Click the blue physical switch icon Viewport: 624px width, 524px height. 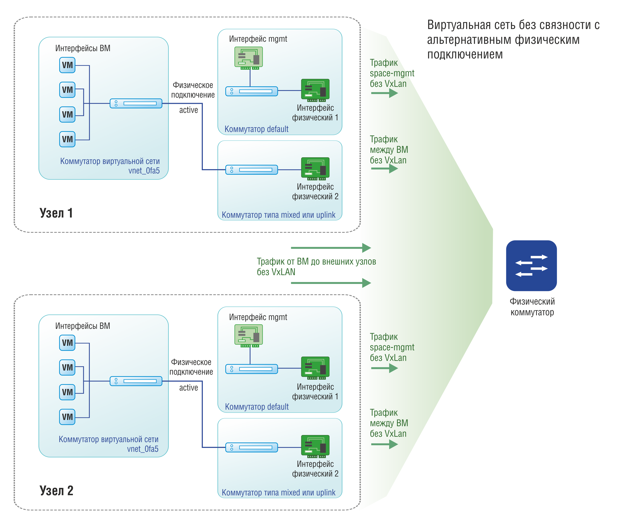point(531,265)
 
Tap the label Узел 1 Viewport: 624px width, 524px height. point(56,213)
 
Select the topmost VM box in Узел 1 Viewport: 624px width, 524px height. point(67,65)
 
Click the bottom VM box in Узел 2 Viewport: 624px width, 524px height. point(67,417)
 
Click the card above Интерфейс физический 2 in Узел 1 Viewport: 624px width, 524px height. point(315,169)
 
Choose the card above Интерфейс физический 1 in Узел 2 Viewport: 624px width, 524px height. point(315,368)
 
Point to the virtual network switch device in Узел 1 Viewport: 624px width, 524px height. point(136,103)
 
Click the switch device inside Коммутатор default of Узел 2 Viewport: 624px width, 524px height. point(252,369)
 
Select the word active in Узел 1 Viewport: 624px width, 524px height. point(188,110)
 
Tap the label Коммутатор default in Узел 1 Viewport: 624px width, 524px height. point(256,129)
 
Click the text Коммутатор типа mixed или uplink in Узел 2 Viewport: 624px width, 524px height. point(279,492)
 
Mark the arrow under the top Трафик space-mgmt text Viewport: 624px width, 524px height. point(384,93)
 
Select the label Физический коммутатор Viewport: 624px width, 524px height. point(532,307)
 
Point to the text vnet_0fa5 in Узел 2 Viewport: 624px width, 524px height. point(143,449)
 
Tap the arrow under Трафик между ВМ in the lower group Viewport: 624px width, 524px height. point(384,444)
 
